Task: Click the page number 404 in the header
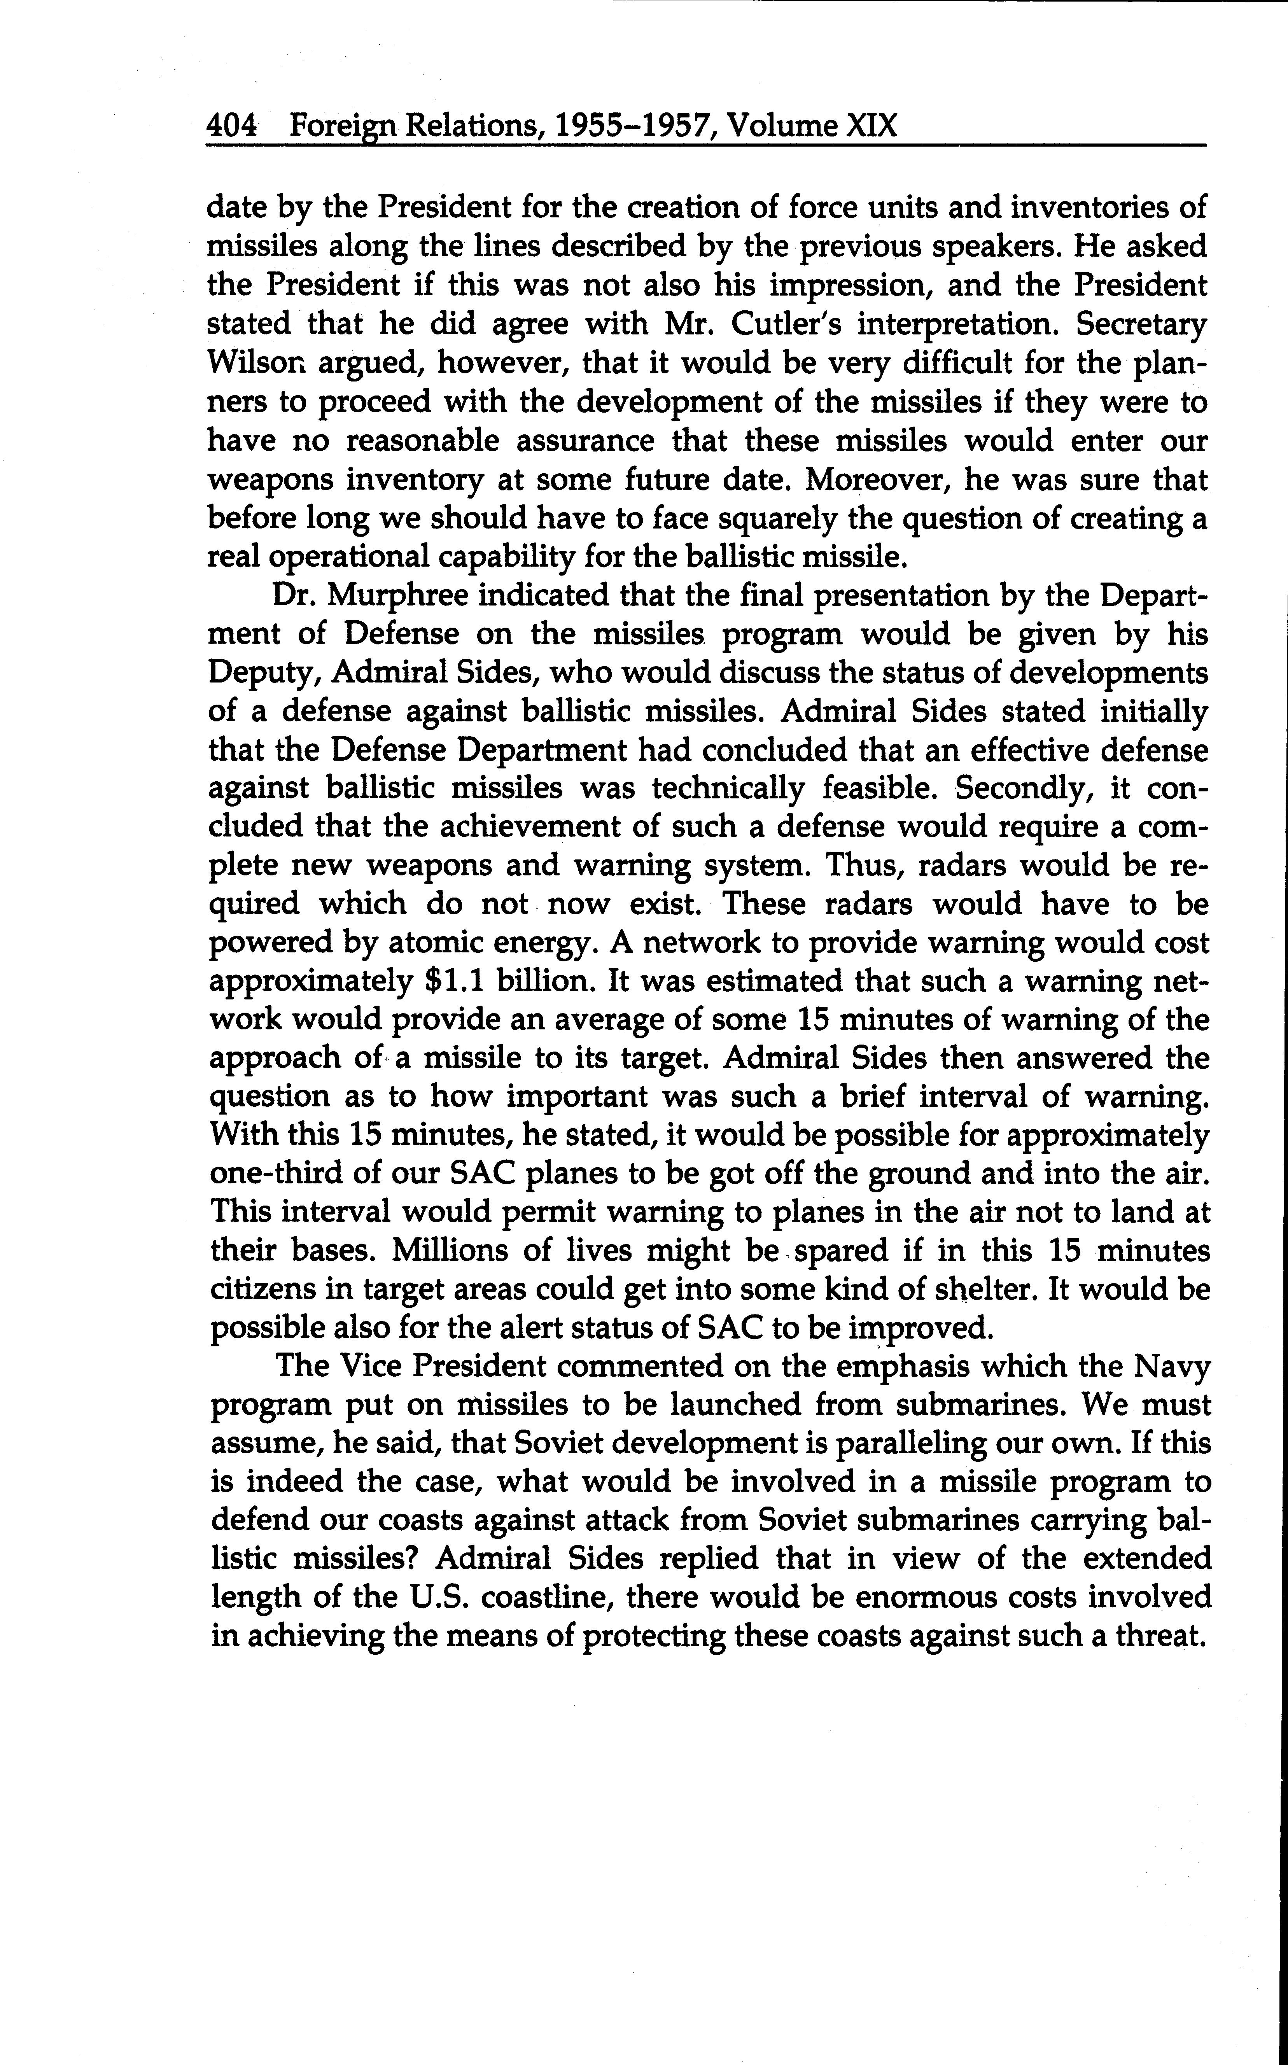[232, 126]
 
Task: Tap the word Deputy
[263, 673]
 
